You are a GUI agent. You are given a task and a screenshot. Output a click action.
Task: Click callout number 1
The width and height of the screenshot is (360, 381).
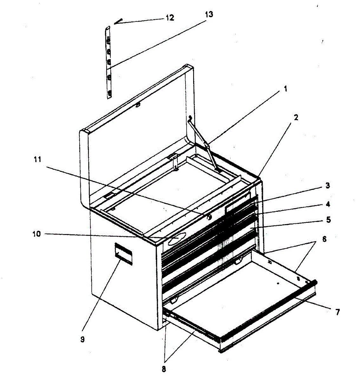285,89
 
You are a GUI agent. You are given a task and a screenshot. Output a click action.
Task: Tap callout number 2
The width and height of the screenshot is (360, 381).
296,117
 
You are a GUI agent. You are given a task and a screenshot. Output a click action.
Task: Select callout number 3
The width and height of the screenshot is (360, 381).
328,185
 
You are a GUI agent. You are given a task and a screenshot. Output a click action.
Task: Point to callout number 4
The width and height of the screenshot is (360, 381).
328,204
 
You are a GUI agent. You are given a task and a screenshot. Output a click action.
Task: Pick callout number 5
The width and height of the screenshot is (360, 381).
328,219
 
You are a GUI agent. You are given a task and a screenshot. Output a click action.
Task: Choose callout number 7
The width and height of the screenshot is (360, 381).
337,312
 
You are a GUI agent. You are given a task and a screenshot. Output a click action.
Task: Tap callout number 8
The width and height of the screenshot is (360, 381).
164,369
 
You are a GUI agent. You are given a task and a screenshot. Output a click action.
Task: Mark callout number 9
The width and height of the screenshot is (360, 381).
82,339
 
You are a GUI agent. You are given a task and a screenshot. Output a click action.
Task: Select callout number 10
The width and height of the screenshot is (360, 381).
37,234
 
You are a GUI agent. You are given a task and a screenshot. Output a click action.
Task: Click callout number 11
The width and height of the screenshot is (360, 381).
37,160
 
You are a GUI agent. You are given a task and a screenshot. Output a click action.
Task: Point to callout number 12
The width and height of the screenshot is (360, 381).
170,18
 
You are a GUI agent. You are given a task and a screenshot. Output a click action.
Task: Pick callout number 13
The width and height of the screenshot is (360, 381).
209,14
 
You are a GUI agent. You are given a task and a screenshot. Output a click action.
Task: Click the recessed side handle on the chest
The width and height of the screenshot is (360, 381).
123,253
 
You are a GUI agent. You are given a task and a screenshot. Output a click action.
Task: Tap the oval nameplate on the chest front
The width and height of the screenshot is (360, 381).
177,239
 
